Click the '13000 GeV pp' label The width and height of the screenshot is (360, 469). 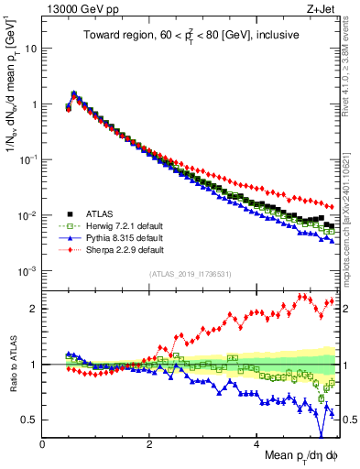tap(77, 8)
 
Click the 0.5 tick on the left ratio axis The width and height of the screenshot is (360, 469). tap(31, 420)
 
